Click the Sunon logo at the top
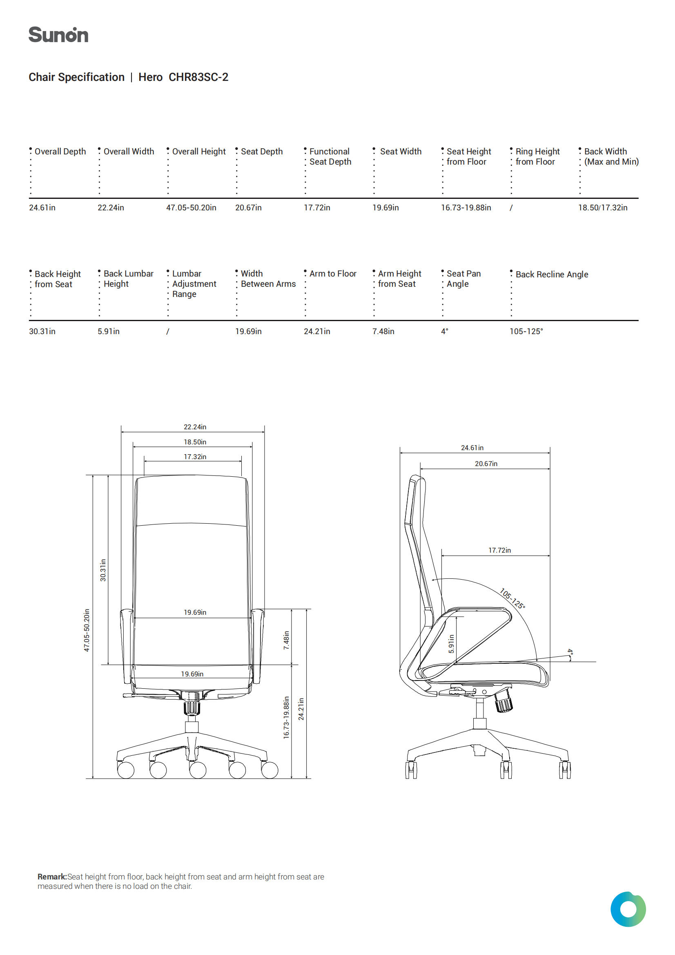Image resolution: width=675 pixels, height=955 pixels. coord(58,35)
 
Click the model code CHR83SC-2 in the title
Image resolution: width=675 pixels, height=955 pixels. coord(198,77)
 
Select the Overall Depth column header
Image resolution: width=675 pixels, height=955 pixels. coord(60,152)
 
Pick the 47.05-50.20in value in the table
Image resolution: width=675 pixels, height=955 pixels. coord(192,208)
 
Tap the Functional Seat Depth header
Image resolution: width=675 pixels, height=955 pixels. coord(330,157)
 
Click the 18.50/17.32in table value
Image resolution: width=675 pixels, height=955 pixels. coord(603,208)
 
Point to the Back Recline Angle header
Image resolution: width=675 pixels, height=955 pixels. coord(552,274)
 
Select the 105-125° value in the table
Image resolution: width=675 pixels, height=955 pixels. coord(526,332)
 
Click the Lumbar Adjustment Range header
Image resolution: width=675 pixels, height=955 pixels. coord(194,283)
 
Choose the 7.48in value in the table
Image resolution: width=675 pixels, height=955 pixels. coord(383,332)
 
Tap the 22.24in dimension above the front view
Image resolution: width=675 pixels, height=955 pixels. coord(195,427)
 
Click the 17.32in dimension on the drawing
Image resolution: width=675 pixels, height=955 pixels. coord(195,457)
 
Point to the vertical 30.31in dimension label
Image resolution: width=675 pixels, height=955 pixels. coord(103,570)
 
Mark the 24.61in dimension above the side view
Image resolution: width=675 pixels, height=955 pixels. coord(472,448)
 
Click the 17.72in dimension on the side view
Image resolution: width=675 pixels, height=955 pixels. coord(499,550)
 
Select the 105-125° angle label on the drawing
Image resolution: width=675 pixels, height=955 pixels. coord(512,598)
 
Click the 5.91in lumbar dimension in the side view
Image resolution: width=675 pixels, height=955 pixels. coord(451,643)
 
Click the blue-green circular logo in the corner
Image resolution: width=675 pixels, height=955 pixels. coord(628,909)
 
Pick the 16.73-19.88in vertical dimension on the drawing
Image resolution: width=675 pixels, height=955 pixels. coord(286,718)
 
